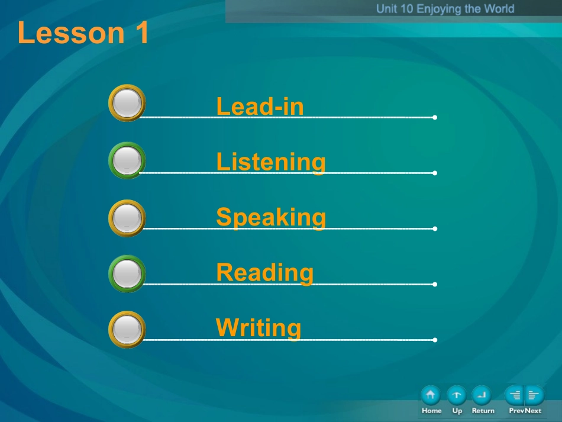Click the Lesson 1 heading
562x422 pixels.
coord(83,33)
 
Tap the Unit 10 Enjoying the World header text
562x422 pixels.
coord(445,9)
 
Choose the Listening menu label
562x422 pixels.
coord(271,162)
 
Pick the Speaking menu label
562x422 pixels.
coord(271,217)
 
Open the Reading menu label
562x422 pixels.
coord(265,273)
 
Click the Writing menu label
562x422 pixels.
coord(259,328)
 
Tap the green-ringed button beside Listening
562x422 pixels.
coord(127,160)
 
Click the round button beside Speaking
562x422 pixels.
coord(127,218)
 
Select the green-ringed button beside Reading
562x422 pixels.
coord(127,273)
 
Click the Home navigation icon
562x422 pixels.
coord(431,395)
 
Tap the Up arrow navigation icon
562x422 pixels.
coord(457,395)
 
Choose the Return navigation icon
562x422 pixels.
coord(482,395)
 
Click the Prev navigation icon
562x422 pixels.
coord(514,395)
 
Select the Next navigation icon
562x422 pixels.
coord(534,395)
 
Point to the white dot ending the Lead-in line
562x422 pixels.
coord(435,117)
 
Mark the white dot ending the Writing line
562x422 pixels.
coord(435,340)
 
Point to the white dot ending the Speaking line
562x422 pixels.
coord(435,228)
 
